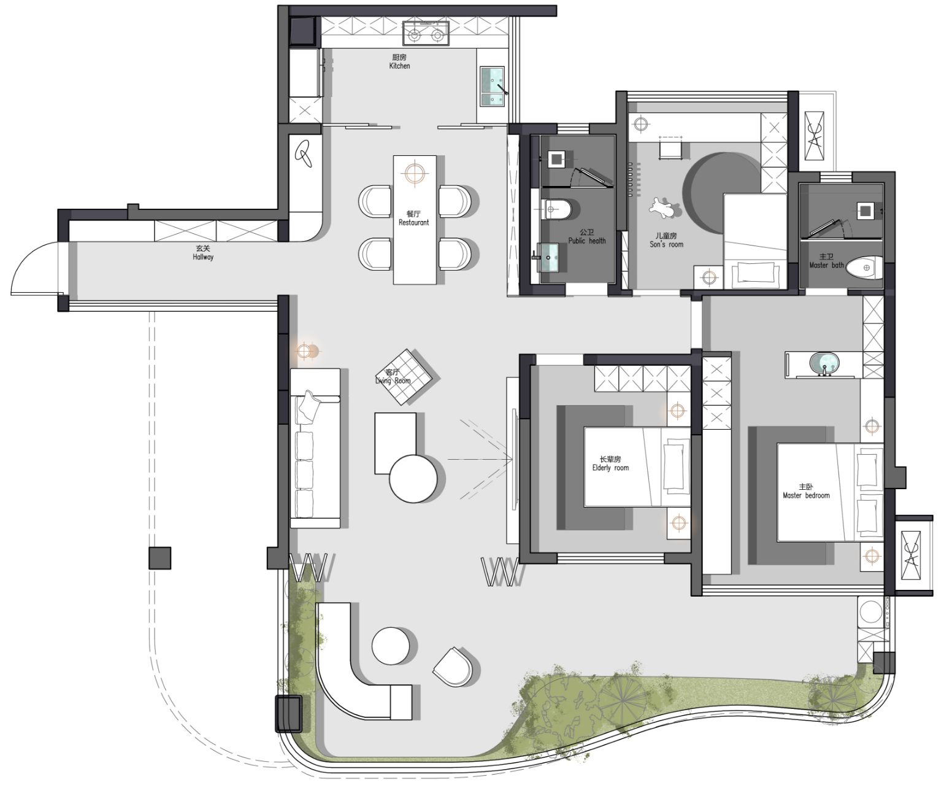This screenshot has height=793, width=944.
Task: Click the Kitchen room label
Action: tap(400, 61)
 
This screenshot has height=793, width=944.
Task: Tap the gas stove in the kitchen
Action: tap(426, 34)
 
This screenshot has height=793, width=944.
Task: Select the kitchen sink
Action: tap(493, 87)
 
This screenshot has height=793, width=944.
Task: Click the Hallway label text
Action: tap(203, 253)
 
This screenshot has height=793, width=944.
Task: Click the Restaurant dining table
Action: tap(415, 220)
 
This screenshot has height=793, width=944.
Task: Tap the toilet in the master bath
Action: tap(864, 268)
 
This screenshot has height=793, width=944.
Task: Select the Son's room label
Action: tap(666, 240)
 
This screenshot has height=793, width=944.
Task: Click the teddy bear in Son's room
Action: tap(664, 208)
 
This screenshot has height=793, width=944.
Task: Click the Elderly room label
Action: tap(610, 463)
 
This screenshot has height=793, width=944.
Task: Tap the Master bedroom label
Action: tap(806, 491)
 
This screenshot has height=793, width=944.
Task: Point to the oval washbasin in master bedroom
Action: tap(824, 364)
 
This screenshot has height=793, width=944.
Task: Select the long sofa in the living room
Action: tap(315, 448)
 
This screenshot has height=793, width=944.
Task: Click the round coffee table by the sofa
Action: tap(413, 479)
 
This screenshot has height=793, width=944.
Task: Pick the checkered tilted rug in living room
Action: tap(403, 377)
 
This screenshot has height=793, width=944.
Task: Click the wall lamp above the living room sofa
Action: tap(304, 351)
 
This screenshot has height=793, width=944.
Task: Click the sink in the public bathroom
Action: tap(548, 257)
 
